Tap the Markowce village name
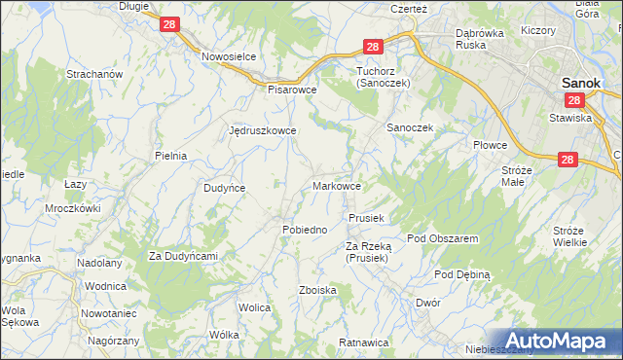(x=339, y=185)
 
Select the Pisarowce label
(x=293, y=88)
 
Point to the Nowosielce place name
(x=229, y=56)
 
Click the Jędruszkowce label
(x=262, y=129)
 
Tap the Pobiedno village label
(x=305, y=229)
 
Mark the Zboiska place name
(x=318, y=290)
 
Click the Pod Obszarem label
(x=442, y=238)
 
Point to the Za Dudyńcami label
(x=182, y=256)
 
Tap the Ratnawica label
(x=364, y=342)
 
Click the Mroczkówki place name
(x=73, y=208)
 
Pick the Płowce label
(x=491, y=145)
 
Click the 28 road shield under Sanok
(x=573, y=100)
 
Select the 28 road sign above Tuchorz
(x=373, y=46)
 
